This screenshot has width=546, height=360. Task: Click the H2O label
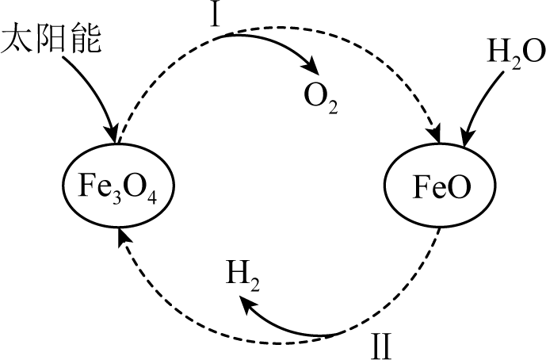(516, 53)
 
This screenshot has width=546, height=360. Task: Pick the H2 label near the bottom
(242, 275)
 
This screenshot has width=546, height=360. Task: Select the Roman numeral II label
(381, 346)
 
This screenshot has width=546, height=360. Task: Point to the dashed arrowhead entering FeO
(434, 133)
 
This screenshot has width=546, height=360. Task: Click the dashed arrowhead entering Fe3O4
(124, 238)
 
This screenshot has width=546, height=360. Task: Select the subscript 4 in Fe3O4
(151, 197)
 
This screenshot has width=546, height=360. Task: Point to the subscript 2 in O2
(333, 107)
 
